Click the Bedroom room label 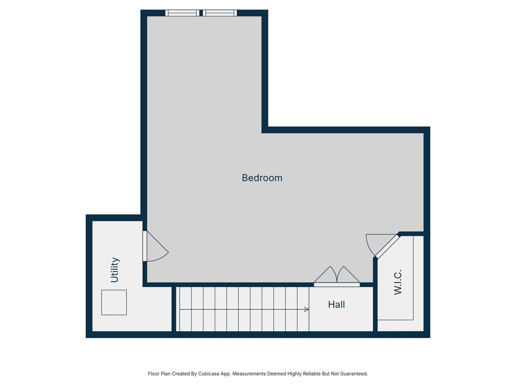pos(262,178)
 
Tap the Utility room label pos(114,270)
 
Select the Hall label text pos(336,305)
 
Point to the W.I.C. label pos(398,282)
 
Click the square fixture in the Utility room pos(114,302)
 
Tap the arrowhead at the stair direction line pos(306,309)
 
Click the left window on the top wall pos(182,13)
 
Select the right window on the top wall pos(220,13)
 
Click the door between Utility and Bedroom pos(145,246)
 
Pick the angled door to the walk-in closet pos(387,246)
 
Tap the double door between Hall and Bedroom pos(337,285)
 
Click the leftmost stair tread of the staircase pos(185,309)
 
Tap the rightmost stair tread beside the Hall pos(303,309)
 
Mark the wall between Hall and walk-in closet pos(375,308)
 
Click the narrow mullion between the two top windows pos(201,13)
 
